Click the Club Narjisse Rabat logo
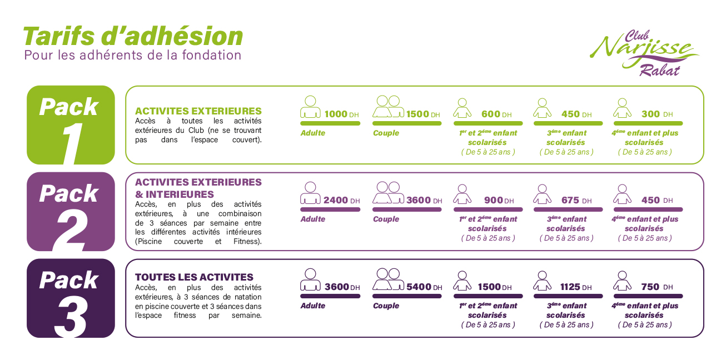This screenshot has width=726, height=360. click(x=645, y=53)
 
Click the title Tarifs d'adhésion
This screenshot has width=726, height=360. click(x=133, y=36)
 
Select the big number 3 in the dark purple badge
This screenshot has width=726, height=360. click(x=70, y=317)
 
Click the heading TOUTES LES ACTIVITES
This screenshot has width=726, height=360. click(x=194, y=277)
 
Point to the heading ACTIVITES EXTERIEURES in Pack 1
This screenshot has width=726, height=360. click(x=198, y=111)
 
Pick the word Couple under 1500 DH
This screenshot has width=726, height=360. click(x=386, y=133)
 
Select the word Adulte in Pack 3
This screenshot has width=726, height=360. click(x=313, y=306)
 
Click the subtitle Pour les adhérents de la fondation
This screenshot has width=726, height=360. click(x=133, y=55)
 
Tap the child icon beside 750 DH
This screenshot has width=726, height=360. click(x=622, y=281)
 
